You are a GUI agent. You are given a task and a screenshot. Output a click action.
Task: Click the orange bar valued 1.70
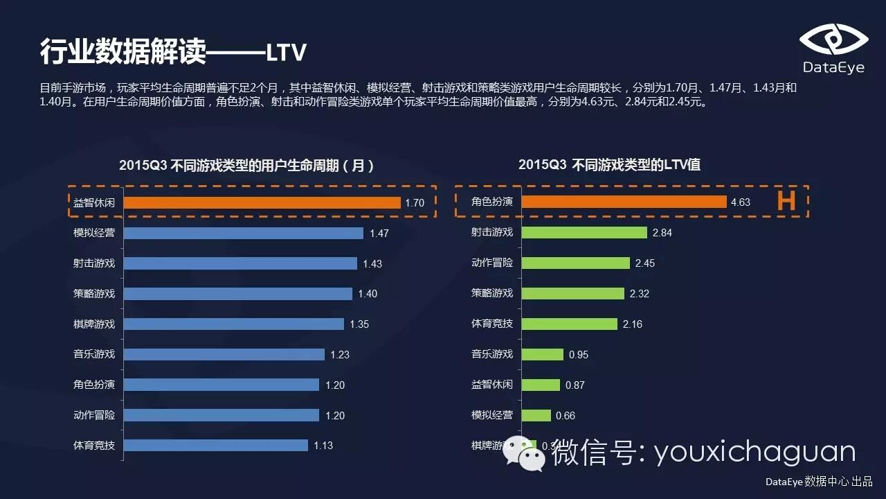262,202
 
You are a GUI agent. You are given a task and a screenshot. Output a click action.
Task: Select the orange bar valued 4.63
623,202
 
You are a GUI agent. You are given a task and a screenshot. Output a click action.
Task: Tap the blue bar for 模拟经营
244,233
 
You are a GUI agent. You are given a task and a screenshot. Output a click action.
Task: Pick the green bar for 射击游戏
584,233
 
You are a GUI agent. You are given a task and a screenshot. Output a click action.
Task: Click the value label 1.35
359,324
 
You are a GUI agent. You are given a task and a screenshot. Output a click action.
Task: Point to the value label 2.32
640,294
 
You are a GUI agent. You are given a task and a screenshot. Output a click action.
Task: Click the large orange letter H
786,202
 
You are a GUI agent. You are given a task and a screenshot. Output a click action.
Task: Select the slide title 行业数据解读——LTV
173,52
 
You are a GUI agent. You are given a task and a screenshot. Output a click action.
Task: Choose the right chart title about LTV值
609,164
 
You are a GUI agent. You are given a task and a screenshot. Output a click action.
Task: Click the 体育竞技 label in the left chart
94,446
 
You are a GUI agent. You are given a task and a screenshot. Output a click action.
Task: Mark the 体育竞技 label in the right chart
492,324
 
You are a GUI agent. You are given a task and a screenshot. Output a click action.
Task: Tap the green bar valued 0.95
543,354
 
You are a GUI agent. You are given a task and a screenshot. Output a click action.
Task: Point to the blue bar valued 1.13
216,446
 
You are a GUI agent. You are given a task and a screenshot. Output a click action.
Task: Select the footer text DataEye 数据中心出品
819,482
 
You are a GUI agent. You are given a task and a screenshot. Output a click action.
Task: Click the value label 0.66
565,416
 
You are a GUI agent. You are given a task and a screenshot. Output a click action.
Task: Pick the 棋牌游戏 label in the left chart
94,324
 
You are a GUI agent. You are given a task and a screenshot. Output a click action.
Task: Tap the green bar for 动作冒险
576,263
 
